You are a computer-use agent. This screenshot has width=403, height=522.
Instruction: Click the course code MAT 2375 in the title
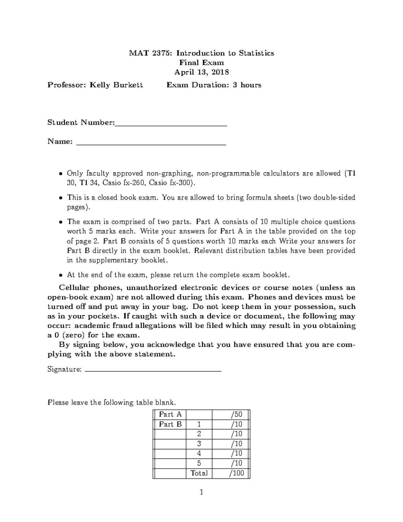coord(151,53)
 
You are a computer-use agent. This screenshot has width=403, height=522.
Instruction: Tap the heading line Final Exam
coord(201,63)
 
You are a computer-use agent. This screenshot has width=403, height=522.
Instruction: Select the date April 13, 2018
coord(201,72)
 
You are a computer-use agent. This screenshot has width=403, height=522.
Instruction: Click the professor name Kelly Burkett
coord(116,85)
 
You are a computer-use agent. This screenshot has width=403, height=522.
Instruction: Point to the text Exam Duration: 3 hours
coord(214,85)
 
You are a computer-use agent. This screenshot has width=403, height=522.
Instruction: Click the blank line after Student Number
coord(171,125)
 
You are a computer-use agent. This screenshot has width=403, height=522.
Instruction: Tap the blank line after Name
coord(151,144)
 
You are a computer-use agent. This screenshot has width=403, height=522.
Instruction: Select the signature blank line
coord(153,371)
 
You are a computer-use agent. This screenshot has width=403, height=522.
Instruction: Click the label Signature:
coord(64,369)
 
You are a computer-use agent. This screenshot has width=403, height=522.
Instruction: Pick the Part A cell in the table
coord(170,414)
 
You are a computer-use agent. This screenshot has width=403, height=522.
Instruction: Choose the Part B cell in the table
coord(170,424)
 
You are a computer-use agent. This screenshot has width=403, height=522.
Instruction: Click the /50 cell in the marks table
coord(235,414)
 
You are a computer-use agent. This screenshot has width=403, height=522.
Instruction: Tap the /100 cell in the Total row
coord(236,473)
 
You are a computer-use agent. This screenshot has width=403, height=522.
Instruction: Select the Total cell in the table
coord(199,473)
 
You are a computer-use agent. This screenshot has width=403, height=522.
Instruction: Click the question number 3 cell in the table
coord(199,444)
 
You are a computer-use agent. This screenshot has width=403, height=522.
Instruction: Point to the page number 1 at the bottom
coord(201,493)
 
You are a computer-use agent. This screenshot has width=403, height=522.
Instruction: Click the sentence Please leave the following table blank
coord(111,402)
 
